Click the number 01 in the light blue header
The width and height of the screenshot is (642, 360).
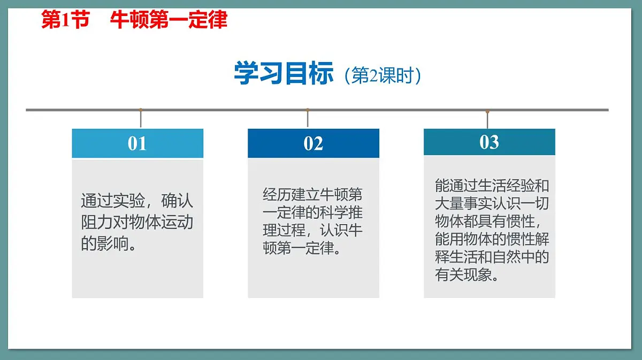click(x=137, y=143)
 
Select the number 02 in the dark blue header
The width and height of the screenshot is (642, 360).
click(x=313, y=143)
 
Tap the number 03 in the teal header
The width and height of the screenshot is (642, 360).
click(x=489, y=142)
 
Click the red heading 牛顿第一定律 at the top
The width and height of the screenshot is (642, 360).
click(x=169, y=20)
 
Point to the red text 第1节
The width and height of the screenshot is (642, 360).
click(x=65, y=20)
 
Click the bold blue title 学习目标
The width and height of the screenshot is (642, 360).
click(x=284, y=73)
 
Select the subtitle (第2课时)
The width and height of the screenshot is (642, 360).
click(x=383, y=76)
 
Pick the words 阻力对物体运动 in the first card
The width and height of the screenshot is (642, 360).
click(x=137, y=222)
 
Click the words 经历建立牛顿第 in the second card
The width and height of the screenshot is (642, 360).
click(x=312, y=194)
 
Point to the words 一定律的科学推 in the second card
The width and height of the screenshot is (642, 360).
click(x=312, y=212)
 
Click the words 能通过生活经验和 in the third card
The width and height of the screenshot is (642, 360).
click(x=492, y=186)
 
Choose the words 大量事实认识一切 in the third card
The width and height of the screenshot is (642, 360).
click(x=492, y=204)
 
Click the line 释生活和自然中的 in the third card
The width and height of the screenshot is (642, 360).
click(x=492, y=257)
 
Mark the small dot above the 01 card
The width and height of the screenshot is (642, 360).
click(x=141, y=110)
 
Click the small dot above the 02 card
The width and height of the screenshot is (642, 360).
click(x=307, y=110)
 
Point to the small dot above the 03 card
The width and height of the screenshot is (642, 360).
click(x=487, y=111)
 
